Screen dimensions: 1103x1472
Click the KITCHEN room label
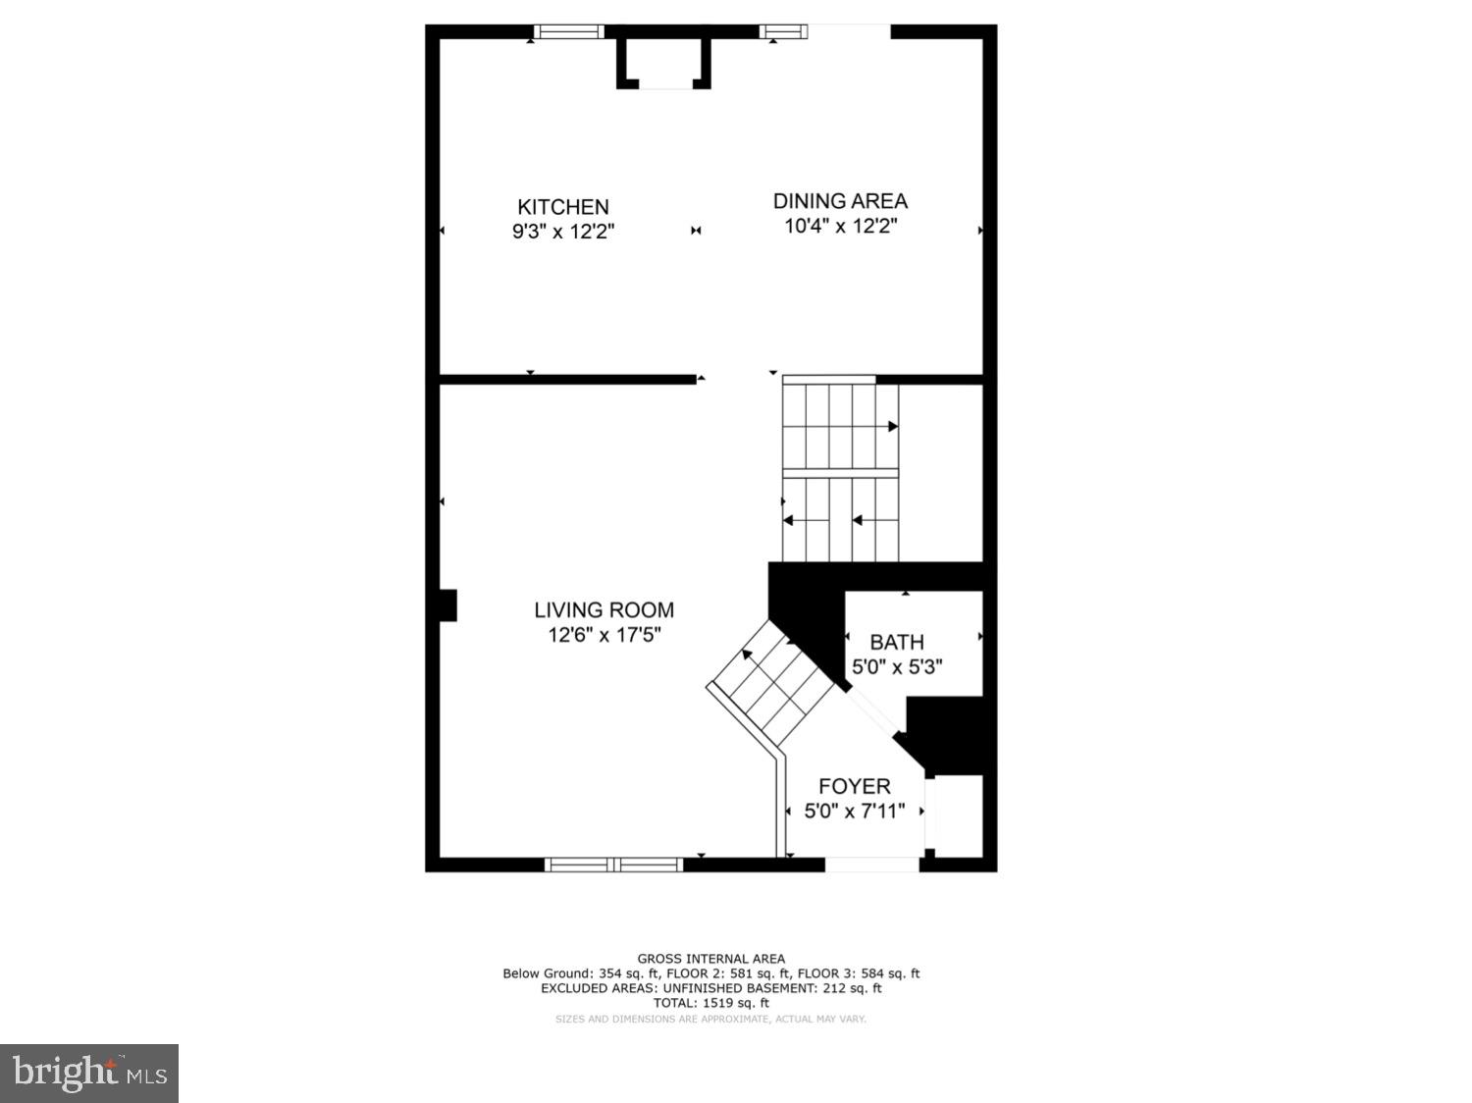click(x=563, y=207)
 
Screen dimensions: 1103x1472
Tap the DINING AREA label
click(x=840, y=201)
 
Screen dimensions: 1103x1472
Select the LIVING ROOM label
click(x=604, y=609)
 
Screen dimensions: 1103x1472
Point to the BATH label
click(x=897, y=642)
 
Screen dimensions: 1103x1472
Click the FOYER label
click(x=855, y=786)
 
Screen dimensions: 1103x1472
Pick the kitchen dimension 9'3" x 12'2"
click(x=563, y=233)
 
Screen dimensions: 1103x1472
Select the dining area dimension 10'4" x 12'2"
click(x=841, y=227)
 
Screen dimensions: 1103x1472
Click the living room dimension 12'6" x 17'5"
click(x=605, y=635)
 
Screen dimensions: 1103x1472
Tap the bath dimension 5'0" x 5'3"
click(x=897, y=667)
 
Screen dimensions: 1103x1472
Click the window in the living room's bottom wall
click(x=614, y=865)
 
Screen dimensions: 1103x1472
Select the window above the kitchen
click(x=569, y=31)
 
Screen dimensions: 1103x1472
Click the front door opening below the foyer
click(x=872, y=865)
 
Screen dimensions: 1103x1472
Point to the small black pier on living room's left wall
click(x=447, y=604)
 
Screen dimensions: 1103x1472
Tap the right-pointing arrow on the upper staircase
click(x=892, y=426)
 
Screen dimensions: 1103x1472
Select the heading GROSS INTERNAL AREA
click(x=711, y=959)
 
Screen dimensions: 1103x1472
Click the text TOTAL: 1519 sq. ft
click(x=711, y=1003)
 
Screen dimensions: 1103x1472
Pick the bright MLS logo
click(x=89, y=1074)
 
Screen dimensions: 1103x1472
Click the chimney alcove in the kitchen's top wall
click(x=663, y=65)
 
